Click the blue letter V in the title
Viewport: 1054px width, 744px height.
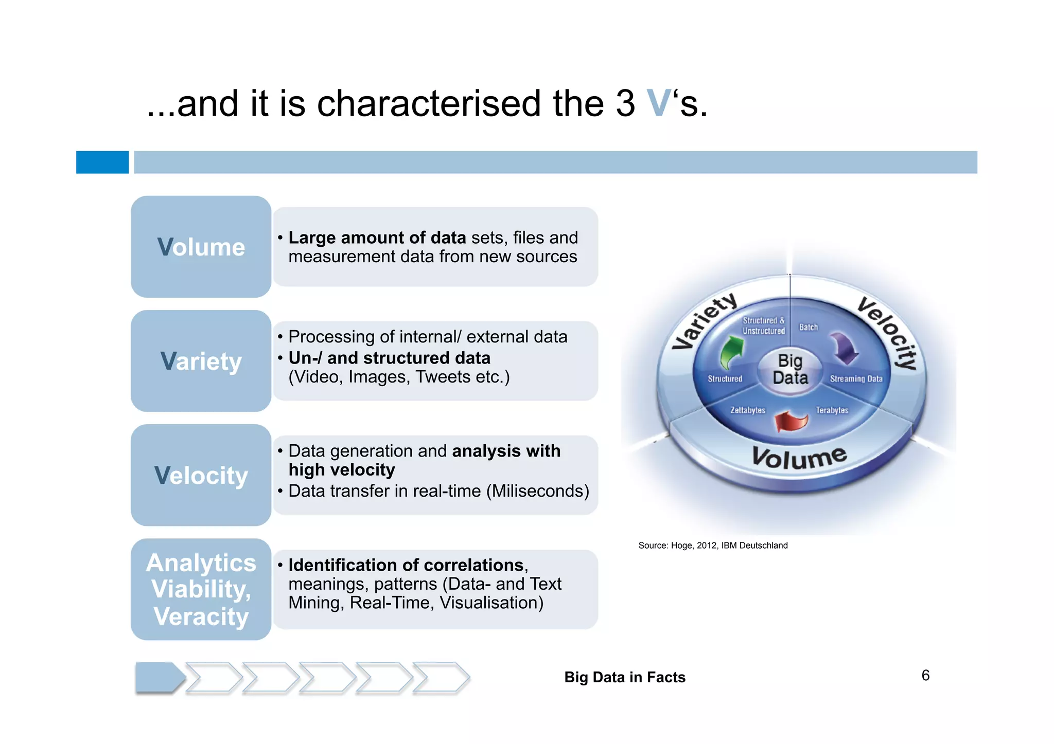click(x=658, y=103)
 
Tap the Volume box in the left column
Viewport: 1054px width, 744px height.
click(x=201, y=247)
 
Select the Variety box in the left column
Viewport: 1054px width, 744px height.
click(x=201, y=361)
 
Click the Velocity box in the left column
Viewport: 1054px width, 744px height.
click(x=201, y=475)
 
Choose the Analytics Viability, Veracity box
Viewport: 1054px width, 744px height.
click(x=201, y=589)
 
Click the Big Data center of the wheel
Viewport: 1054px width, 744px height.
click(x=790, y=370)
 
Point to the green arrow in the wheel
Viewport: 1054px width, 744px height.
click(x=731, y=353)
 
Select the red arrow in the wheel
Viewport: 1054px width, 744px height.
click(x=792, y=421)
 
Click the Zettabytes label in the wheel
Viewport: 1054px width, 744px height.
click(x=747, y=410)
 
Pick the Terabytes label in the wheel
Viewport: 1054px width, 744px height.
click(x=832, y=410)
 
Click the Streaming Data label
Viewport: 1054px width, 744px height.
click(x=856, y=379)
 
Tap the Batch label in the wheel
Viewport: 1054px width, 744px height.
click(x=808, y=328)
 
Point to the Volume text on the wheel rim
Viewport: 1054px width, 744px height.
click(x=799, y=457)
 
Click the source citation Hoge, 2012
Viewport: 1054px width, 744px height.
click(x=713, y=546)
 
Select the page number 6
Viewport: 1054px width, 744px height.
click(x=925, y=676)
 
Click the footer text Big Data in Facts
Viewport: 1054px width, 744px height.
click(x=625, y=677)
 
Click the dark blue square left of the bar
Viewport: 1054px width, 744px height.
click(x=102, y=162)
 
